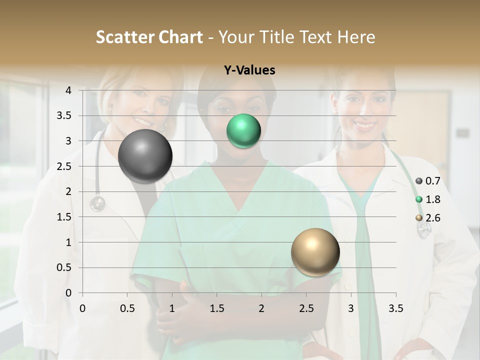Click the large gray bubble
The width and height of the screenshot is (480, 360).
[x=145, y=156]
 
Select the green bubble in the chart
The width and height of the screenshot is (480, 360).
[x=243, y=131]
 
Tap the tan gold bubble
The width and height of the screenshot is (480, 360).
[x=315, y=252]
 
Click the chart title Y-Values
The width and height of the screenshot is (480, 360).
[x=249, y=70]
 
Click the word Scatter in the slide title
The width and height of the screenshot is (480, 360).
[x=124, y=37]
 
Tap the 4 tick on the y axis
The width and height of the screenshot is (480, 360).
[x=68, y=90]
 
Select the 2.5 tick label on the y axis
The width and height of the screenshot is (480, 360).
[x=64, y=166]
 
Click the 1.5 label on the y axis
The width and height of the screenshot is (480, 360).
[x=64, y=217]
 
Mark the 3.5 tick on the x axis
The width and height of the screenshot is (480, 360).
[x=395, y=308]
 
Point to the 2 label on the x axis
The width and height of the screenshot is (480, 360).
[x=261, y=308]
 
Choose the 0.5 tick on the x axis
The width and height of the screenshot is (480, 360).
[x=127, y=308]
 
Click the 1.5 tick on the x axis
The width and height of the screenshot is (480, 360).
[x=216, y=308]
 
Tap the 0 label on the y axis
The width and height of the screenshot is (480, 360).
[x=68, y=293]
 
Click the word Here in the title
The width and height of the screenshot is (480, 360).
[x=356, y=37]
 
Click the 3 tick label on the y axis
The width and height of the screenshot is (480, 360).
[x=68, y=141]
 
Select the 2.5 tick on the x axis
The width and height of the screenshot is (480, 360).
[x=306, y=308]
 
